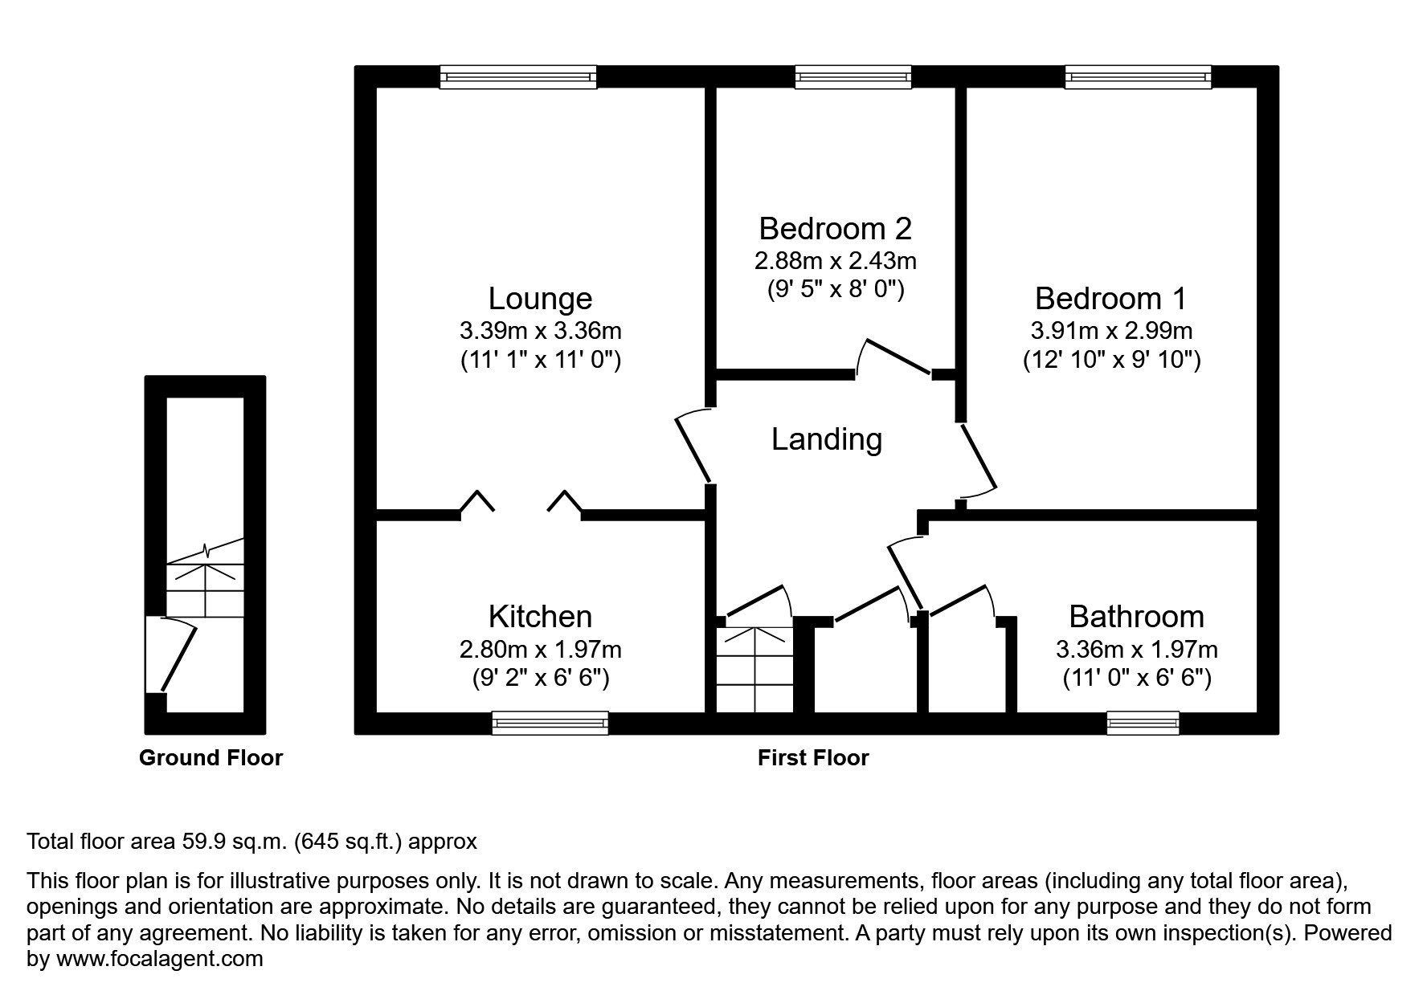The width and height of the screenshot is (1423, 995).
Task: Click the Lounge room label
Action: pos(540,299)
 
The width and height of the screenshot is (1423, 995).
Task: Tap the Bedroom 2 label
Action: pos(835,229)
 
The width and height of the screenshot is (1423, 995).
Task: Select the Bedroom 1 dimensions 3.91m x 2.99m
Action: pos(1111,330)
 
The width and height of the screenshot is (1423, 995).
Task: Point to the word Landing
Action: pos(827,439)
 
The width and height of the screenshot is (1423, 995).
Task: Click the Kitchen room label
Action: pos(540,617)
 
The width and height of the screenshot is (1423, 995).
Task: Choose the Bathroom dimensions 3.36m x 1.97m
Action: pos(1136,649)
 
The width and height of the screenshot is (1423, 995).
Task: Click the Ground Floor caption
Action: pos(211,757)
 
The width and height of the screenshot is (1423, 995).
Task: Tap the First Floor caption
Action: pos(813,757)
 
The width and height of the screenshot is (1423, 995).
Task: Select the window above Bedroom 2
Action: pos(853,77)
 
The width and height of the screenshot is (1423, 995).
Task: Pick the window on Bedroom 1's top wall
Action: pos(1138,77)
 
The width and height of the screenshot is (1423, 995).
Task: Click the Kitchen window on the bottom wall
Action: pos(550,723)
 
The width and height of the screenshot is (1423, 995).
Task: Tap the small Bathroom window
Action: pos(1143,723)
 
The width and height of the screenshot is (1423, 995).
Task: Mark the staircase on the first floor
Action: pos(754,670)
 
